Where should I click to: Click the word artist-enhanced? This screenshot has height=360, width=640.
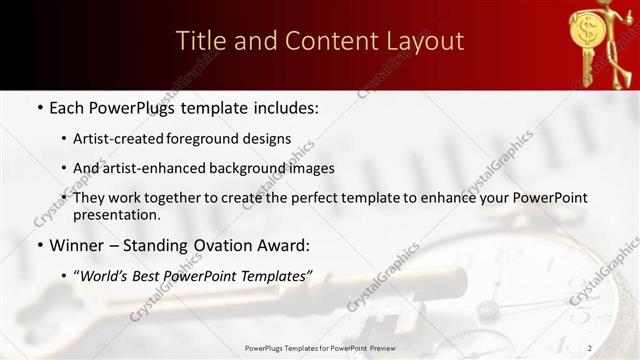(150, 168)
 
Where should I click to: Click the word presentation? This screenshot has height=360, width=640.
(116, 214)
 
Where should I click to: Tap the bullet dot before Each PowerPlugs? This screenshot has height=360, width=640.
(39, 107)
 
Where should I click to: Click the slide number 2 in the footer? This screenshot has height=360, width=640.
(618, 348)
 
